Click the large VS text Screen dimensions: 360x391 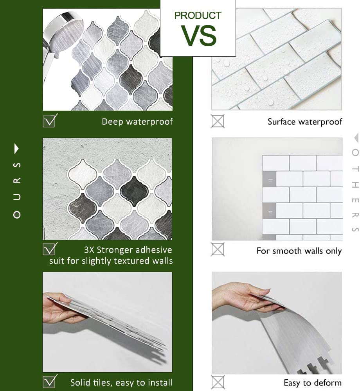198,36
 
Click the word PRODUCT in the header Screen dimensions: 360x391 198,16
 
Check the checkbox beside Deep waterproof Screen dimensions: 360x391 49,121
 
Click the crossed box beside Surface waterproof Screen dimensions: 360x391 218,121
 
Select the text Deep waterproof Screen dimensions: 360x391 137,122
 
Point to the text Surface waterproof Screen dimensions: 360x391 304,122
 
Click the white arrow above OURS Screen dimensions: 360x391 16,149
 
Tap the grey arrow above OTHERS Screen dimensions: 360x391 356,138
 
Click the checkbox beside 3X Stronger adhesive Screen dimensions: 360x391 49,249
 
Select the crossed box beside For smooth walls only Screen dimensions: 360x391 218,249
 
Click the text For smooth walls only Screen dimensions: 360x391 299,251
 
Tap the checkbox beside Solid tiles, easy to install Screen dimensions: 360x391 49,382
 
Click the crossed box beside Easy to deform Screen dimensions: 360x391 218,382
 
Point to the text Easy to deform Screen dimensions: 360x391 313,383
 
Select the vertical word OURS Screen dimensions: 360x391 17,190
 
